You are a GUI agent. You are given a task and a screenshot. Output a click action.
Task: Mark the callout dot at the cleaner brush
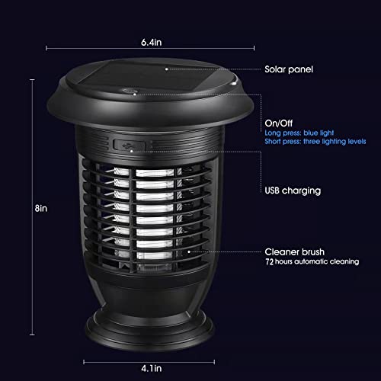tap(187, 251)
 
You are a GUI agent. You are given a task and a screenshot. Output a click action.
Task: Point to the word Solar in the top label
tap(277, 69)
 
